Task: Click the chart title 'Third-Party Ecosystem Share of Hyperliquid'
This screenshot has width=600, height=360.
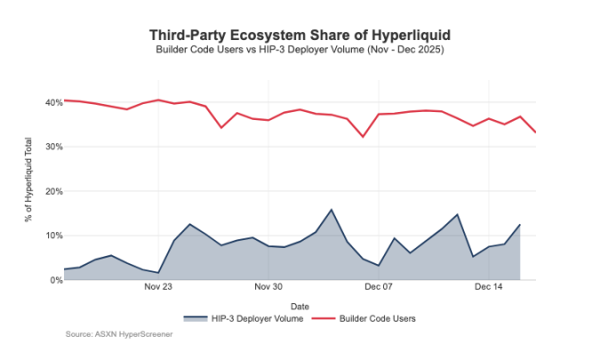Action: tap(300, 35)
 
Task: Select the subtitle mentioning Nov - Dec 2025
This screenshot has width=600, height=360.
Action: tap(300, 50)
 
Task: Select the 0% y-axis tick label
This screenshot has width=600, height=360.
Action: tap(54, 280)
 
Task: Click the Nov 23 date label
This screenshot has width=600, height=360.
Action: tap(157, 288)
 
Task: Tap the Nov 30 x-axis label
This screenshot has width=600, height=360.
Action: tap(268, 288)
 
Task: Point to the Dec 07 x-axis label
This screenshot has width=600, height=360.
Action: tap(379, 288)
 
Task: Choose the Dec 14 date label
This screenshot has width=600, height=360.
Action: tap(489, 288)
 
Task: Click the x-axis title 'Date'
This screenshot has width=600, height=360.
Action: tap(300, 306)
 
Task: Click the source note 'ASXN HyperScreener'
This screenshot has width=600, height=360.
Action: tap(119, 334)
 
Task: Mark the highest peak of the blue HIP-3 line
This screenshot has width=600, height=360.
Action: tap(332, 210)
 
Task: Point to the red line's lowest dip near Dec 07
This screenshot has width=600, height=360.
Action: tap(363, 137)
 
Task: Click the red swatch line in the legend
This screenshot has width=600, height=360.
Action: tap(327, 317)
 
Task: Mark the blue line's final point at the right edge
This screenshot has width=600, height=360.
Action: tap(520, 225)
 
